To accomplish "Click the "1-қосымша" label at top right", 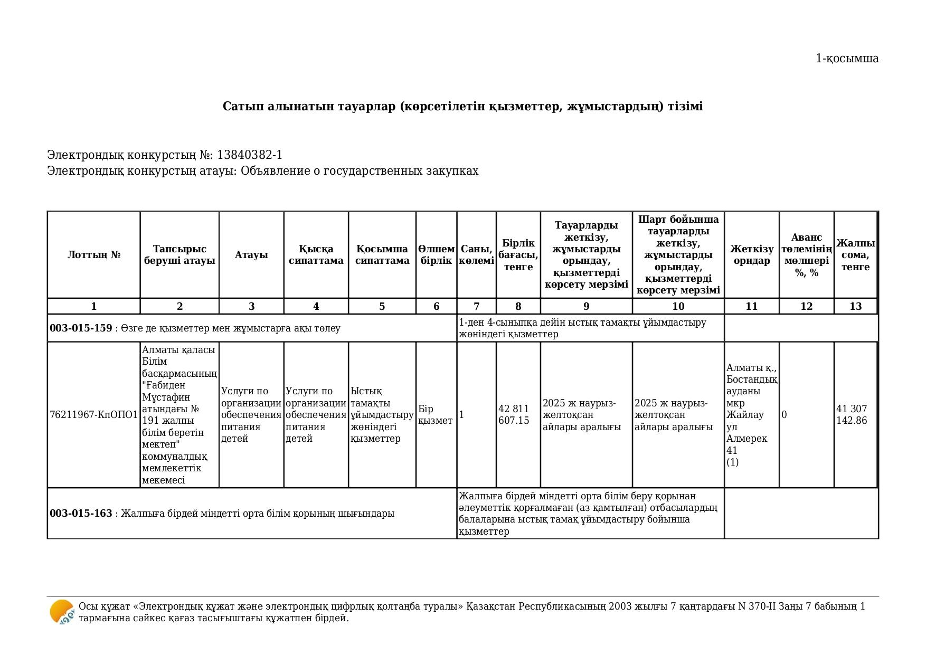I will tap(847, 59).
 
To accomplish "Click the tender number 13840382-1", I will tap(249, 155).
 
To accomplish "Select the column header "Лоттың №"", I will tap(94, 255).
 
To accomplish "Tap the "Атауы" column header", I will tap(251, 255).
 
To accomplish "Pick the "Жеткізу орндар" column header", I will tap(751, 255).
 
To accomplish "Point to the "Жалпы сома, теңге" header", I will tap(855, 255).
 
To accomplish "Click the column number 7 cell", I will tap(476, 307).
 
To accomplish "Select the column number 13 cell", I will tap(855, 307).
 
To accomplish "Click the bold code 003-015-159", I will tap(81, 328).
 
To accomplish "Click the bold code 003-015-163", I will tap(81, 514).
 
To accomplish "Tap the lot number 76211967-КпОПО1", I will tap(93, 415).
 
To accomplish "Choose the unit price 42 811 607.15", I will tap(514, 415).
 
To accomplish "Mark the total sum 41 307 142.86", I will tap(852, 415).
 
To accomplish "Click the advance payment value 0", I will tap(784, 415).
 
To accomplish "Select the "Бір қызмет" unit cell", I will tap(435, 415).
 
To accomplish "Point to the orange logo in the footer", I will tap(62, 612).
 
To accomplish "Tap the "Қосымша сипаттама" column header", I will tap(382, 255).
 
